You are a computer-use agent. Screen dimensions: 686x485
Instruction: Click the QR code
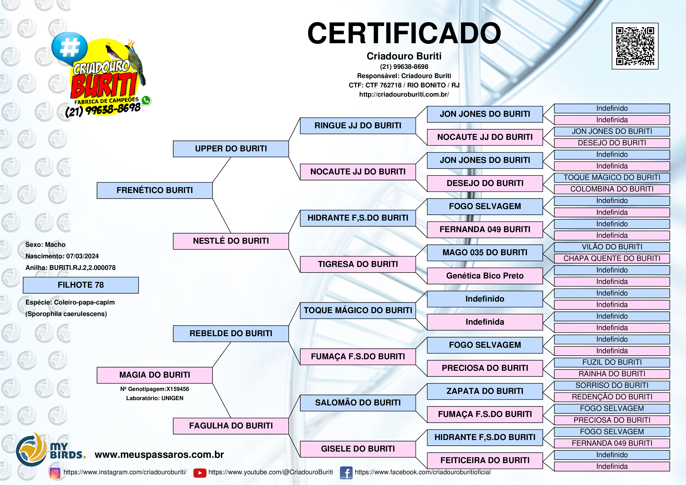(635, 46)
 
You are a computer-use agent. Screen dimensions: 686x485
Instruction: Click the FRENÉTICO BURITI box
(154, 190)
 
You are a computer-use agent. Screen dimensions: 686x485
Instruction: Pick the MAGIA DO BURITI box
(154, 375)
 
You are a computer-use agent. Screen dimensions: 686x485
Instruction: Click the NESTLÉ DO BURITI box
(231, 241)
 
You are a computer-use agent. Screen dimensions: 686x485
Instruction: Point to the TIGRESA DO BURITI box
(358, 264)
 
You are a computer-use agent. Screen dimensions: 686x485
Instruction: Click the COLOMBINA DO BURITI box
(612, 189)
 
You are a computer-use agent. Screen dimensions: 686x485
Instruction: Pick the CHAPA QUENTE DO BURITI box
(612, 259)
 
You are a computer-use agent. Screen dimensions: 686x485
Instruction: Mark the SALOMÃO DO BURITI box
(358, 403)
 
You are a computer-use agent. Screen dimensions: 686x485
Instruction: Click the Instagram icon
(55, 473)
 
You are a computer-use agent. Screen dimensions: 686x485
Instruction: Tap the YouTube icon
(200, 473)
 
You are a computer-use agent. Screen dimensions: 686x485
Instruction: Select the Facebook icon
(346, 473)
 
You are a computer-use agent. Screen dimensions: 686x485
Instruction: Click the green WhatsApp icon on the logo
(146, 100)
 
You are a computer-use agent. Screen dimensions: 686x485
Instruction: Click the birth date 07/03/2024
(83, 256)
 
